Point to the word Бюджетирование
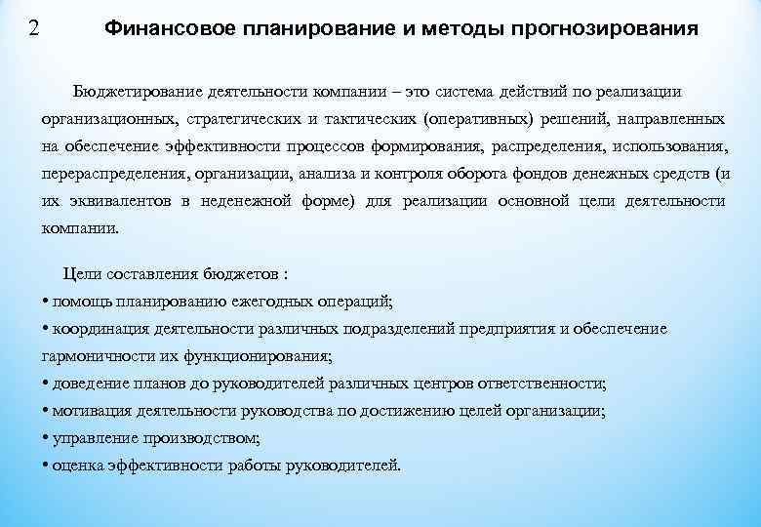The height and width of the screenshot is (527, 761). tap(136, 91)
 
